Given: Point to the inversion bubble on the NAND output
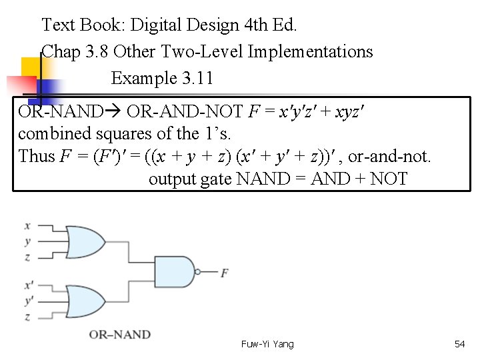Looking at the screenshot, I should (197, 271).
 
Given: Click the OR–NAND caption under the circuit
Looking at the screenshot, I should (120, 334).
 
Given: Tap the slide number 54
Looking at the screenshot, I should (459, 344).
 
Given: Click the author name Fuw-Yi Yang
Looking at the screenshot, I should (267, 344).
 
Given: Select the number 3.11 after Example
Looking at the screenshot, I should (197, 78).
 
